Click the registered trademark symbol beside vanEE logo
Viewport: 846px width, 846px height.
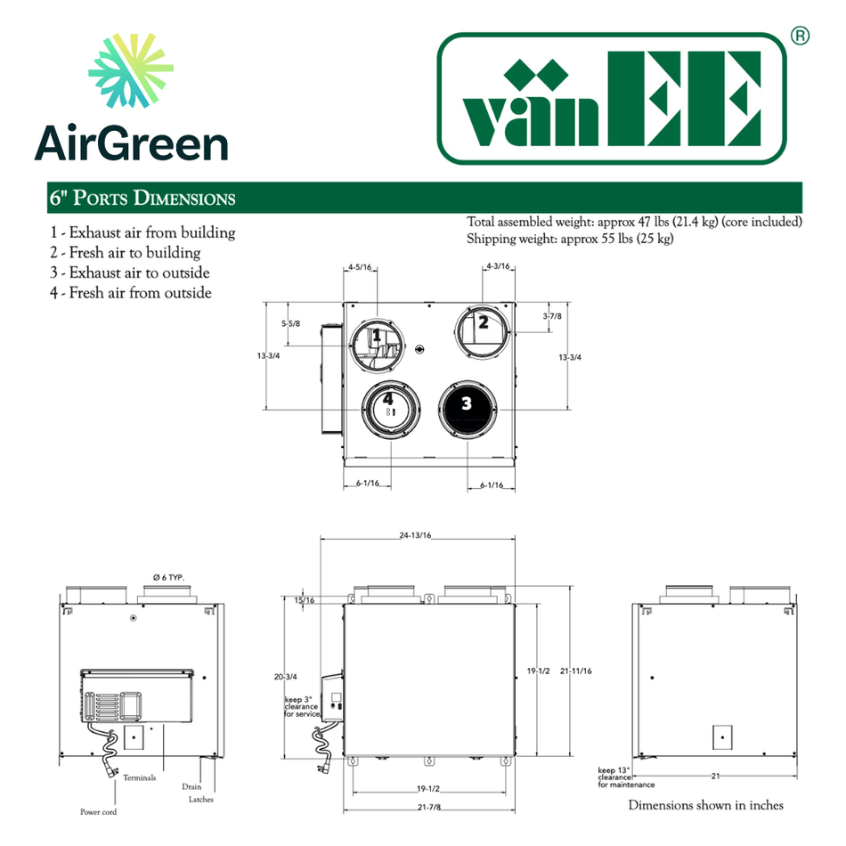pos(800,36)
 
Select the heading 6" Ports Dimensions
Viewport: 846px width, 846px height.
pos(143,198)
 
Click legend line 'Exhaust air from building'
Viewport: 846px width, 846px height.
pos(142,232)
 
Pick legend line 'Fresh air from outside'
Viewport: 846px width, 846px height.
pos(131,292)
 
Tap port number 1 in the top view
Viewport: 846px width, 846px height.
pos(377,335)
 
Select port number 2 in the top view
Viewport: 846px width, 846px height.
pos(484,322)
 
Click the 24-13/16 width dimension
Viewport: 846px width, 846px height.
pos(415,535)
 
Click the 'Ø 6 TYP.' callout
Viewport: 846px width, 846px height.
pos(167,578)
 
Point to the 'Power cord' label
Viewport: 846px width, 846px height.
pos(98,812)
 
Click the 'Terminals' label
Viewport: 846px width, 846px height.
pos(140,777)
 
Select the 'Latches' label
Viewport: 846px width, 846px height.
pos(201,799)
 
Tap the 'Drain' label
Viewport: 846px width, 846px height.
pos(191,786)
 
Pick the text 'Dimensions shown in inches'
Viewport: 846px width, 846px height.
pos(706,805)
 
